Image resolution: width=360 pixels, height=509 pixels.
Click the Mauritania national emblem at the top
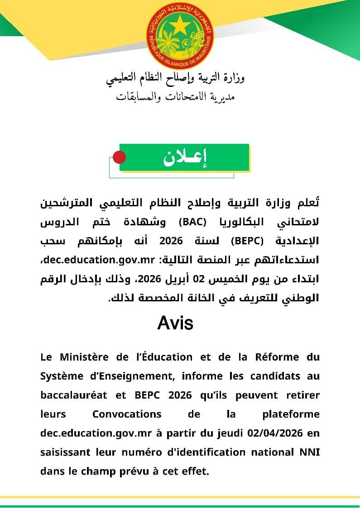(180, 35)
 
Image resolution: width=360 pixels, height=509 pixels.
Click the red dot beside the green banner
(119, 157)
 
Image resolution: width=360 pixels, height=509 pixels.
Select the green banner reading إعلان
(184, 157)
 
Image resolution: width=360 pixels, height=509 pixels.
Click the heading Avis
(175, 323)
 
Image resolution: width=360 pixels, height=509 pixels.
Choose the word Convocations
(127, 414)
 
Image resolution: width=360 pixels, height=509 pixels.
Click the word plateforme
(291, 414)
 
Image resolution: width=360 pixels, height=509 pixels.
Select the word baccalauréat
(74, 395)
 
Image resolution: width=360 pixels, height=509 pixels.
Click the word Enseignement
(126, 376)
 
